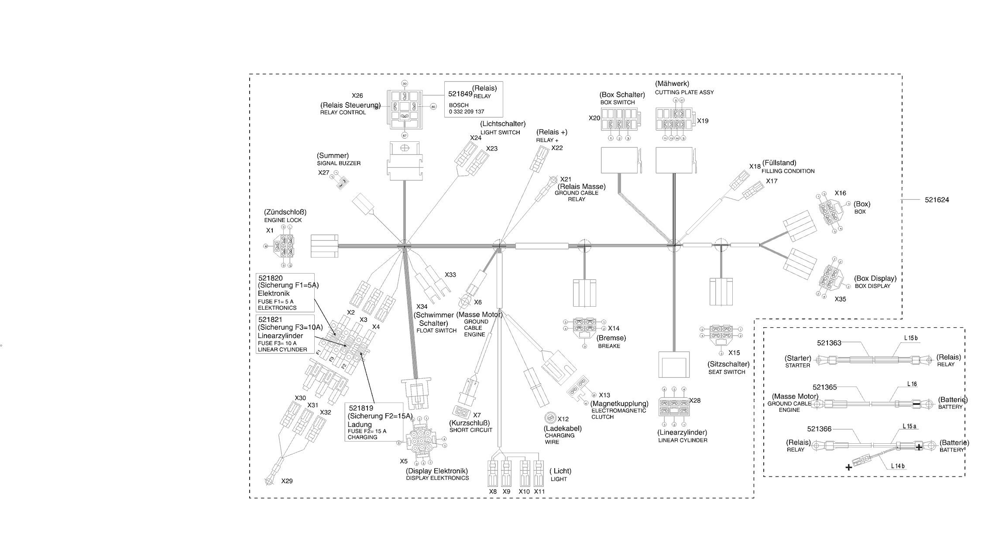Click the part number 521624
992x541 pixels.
[937, 200]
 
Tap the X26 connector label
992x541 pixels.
[357, 96]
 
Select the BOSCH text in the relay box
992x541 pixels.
[459, 105]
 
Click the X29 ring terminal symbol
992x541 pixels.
[269, 481]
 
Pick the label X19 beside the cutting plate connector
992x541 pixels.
[703, 121]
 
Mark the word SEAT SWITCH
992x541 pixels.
[727, 372]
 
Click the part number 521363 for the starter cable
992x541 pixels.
[829, 343]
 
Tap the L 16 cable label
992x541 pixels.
[912, 384]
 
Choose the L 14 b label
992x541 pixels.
[898, 466]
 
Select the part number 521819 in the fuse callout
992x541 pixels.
[361, 408]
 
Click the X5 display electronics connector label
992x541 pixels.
[404, 461]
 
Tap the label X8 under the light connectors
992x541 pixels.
[493, 492]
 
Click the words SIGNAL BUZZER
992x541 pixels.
[339, 163]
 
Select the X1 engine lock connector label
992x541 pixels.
[270, 230]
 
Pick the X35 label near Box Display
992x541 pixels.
[840, 299]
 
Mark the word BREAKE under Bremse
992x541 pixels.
[609, 346]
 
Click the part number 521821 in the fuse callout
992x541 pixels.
[270, 319]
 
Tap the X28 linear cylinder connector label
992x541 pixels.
[694, 401]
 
